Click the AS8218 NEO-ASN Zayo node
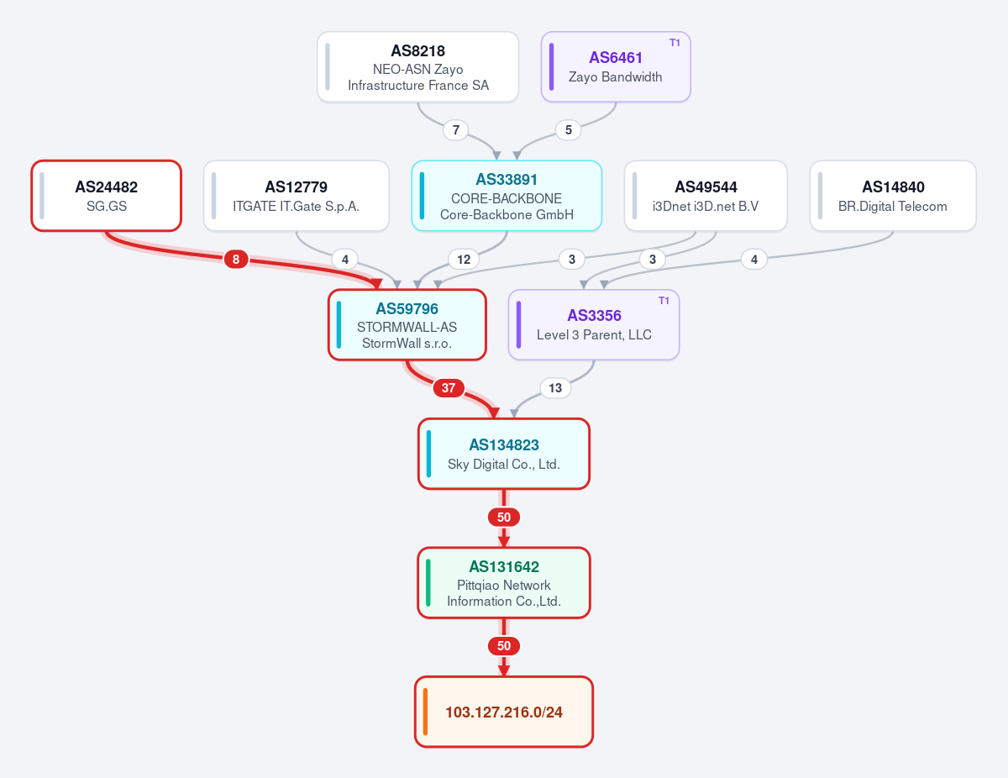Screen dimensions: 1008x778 click(x=417, y=67)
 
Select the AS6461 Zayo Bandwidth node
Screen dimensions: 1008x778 click(x=616, y=67)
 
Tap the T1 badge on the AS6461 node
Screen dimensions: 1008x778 click(x=675, y=43)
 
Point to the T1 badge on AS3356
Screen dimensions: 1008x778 click(x=664, y=301)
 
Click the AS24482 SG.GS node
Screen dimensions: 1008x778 click(x=106, y=196)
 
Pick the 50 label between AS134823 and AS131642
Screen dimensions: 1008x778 click(x=504, y=518)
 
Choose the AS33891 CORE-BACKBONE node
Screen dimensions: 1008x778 click(x=507, y=196)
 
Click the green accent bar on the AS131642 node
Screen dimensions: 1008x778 click(x=428, y=583)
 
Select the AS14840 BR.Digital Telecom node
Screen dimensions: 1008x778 click(x=893, y=196)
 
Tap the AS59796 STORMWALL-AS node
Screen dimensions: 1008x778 click(x=407, y=325)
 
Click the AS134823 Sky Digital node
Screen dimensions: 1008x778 click(x=504, y=454)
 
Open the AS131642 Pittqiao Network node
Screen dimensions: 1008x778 click(x=504, y=583)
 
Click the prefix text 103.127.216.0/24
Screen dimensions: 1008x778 click(x=504, y=712)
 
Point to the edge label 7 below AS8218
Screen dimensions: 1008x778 click(x=456, y=130)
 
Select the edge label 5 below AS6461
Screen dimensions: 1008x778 click(x=568, y=130)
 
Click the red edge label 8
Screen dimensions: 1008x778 click(x=236, y=260)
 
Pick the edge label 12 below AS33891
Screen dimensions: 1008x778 click(x=464, y=260)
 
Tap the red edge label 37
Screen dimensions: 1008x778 click(x=449, y=388)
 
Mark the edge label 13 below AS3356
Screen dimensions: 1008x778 click(x=555, y=388)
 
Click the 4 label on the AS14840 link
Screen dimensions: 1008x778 click(x=754, y=260)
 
